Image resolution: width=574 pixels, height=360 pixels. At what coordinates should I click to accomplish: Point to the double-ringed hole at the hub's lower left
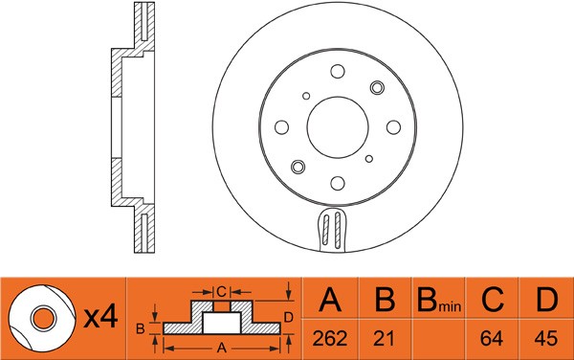[x=298, y=167]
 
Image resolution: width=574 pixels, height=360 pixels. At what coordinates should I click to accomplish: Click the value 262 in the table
[x=330, y=338]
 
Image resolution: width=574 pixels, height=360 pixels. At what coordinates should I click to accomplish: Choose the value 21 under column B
[x=384, y=338]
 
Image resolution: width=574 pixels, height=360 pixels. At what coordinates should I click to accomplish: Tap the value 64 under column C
[x=492, y=338]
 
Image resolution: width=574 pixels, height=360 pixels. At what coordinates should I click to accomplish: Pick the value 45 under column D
[x=544, y=338]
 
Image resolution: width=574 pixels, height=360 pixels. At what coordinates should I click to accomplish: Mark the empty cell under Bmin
[x=437, y=338]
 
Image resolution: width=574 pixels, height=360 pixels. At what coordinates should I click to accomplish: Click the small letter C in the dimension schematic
[x=219, y=290]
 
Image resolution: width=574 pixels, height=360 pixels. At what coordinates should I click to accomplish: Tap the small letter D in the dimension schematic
[x=288, y=317]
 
